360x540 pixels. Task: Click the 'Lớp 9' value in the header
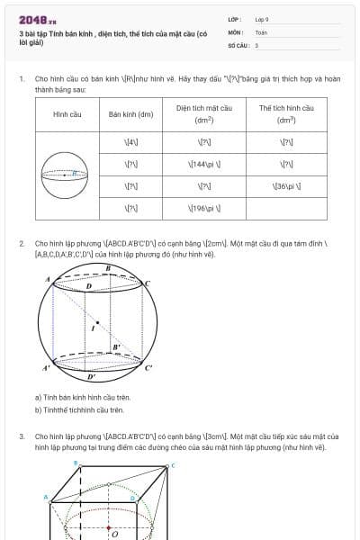[262, 19]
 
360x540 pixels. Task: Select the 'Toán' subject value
[261, 31]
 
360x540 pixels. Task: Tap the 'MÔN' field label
[235, 31]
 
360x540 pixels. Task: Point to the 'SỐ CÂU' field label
[237, 44]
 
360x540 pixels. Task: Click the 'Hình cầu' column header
[67, 114]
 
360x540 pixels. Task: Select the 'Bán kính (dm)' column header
[130, 114]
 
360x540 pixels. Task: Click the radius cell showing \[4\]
[130, 142]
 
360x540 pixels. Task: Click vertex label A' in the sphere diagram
[45, 368]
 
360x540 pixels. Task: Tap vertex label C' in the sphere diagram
[149, 367]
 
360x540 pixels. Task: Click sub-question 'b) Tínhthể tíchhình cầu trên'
[79, 409]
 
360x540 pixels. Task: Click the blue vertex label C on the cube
[172, 465]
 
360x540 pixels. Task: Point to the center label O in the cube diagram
[114, 534]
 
